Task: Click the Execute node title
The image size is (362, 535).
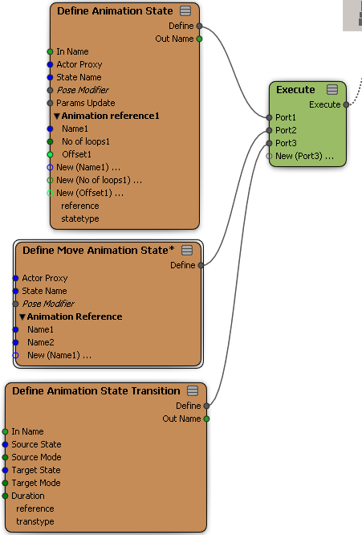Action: click(295, 90)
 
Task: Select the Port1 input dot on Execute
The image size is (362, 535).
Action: click(269, 117)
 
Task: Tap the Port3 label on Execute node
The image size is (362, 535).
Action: click(286, 143)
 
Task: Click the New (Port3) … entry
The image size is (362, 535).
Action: click(304, 157)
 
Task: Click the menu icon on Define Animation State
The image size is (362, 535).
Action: click(185, 11)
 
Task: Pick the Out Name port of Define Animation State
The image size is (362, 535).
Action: click(199, 39)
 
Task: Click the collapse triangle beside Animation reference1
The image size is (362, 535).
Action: click(57, 116)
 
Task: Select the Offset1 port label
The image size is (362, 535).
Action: click(76, 154)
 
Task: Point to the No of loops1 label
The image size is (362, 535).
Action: click(86, 141)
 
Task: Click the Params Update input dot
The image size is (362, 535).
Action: click(50, 103)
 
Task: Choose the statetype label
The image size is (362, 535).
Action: click(80, 218)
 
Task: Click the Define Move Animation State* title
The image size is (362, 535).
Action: click(99, 251)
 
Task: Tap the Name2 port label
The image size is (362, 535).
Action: click(41, 342)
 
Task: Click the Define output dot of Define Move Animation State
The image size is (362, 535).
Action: click(201, 265)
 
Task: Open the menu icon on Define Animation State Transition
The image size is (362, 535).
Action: click(193, 390)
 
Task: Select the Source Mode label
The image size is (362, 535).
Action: click(36, 457)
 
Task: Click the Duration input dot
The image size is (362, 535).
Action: click(5, 496)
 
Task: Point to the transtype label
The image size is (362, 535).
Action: click(35, 521)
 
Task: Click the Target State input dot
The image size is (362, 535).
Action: click(5, 470)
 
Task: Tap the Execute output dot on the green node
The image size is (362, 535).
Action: click(346, 104)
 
